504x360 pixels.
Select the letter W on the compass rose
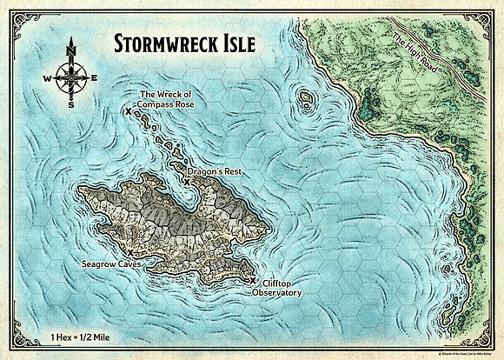tap(45, 77)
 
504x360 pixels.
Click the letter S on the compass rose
tap(69, 103)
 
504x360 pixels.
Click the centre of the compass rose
tap(69, 77)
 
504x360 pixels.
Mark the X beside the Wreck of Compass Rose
tap(129, 112)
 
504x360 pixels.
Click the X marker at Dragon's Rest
tap(187, 182)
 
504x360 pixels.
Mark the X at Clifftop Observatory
tap(253, 280)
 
